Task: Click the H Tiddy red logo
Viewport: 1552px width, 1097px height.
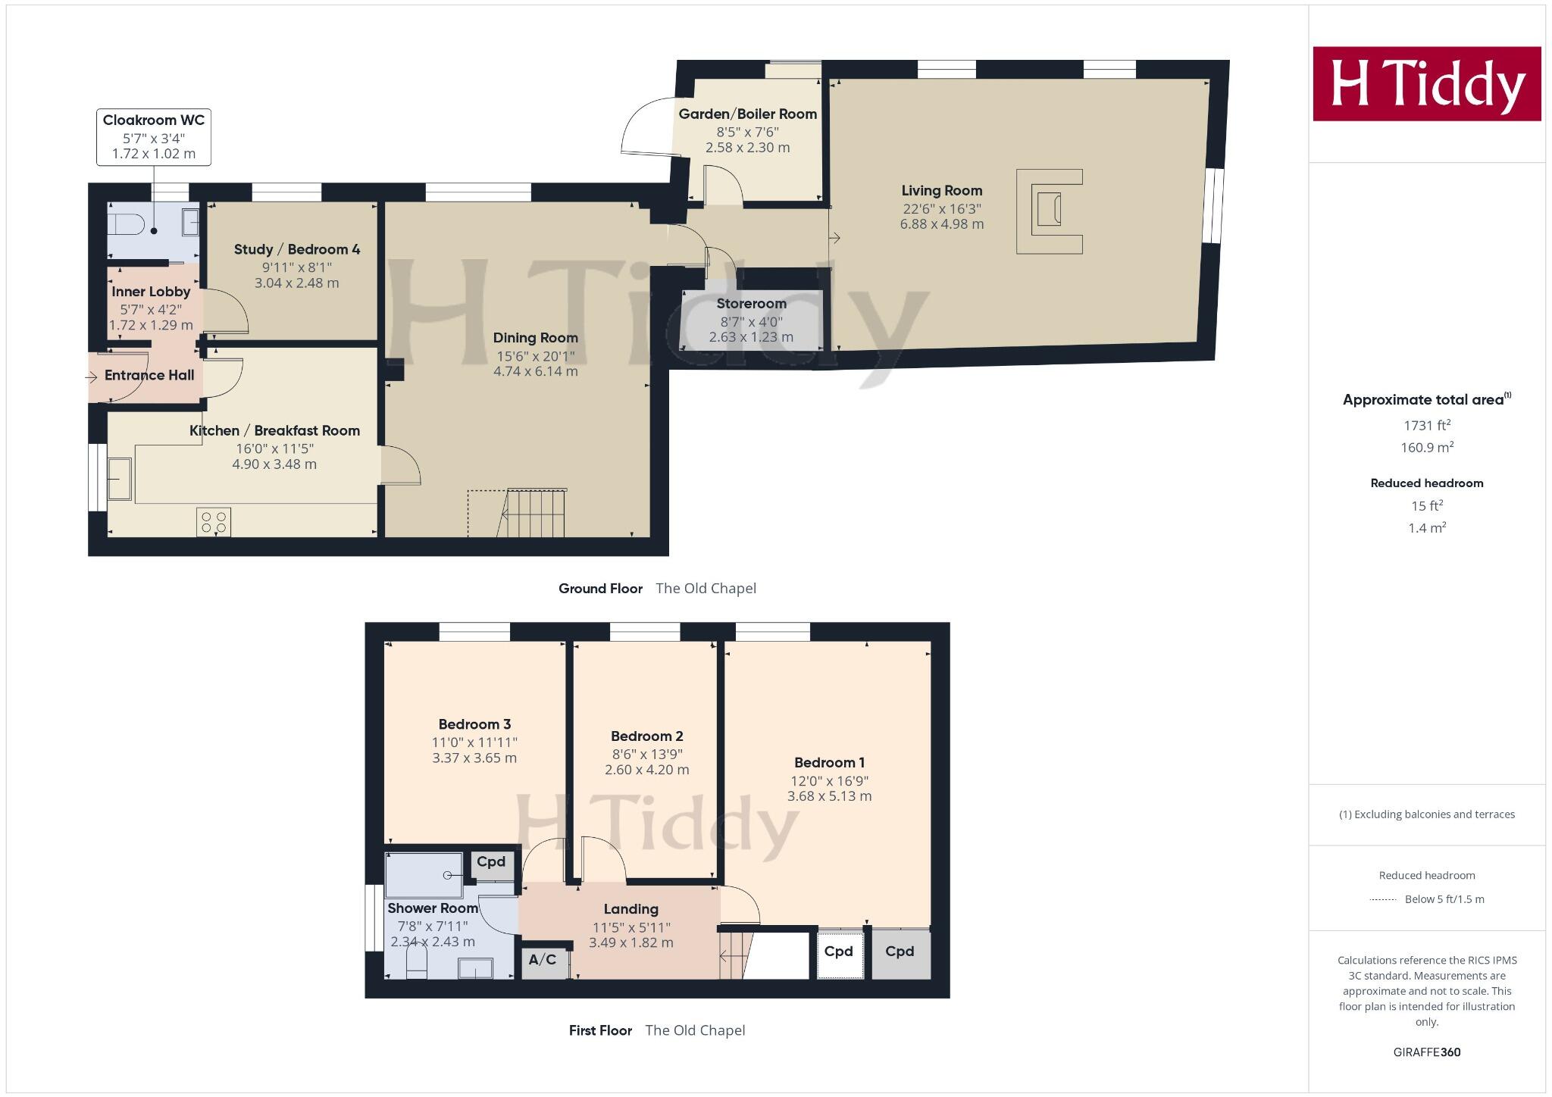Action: tap(1426, 83)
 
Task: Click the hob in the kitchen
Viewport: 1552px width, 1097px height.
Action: tap(214, 522)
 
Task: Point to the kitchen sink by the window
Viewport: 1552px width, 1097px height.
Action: tap(119, 479)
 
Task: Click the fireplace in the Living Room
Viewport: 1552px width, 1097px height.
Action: tap(1050, 211)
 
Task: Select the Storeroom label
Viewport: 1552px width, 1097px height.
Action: tap(751, 304)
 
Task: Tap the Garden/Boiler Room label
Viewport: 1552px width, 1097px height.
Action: tap(747, 114)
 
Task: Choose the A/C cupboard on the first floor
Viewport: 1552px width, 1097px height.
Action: tap(543, 960)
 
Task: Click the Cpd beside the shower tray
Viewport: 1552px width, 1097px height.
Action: tap(491, 862)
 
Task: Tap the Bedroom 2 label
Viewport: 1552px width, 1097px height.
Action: tap(646, 736)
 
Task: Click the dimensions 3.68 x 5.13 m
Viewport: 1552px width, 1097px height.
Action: tap(829, 796)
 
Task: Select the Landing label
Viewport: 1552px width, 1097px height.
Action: tap(630, 909)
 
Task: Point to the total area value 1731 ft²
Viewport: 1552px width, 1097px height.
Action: tap(1426, 426)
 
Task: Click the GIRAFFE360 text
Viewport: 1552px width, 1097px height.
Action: tap(1426, 1052)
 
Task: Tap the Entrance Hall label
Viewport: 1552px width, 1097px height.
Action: tap(149, 375)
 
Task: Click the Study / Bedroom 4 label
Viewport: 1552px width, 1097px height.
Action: tap(297, 249)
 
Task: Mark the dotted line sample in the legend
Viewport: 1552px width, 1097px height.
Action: tap(1383, 900)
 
